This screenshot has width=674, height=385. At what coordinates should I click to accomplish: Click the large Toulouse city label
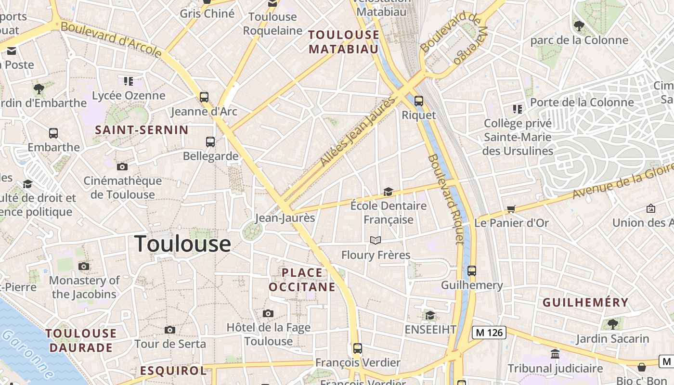point(182,244)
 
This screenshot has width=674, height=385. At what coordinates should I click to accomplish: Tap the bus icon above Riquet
point(419,101)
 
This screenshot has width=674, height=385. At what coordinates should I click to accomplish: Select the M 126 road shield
point(489,332)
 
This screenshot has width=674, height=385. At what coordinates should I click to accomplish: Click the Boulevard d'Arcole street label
point(111,38)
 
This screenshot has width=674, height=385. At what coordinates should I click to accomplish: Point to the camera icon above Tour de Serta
point(169,330)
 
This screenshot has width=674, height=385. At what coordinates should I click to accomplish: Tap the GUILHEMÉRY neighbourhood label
point(585,303)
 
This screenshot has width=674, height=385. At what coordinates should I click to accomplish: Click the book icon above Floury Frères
point(376,240)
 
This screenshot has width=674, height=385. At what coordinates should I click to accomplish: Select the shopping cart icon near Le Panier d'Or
point(511,209)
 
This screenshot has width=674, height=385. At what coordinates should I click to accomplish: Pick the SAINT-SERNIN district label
point(142,130)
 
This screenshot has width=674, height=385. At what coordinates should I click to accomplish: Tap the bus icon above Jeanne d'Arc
point(204,97)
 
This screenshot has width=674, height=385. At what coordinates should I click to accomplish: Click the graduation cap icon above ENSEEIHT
point(430,315)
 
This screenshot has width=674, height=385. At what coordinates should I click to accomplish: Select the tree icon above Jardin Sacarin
point(612,324)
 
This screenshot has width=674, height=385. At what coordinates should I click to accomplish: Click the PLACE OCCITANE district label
point(302,280)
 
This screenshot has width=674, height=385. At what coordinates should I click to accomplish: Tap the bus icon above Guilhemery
point(472,270)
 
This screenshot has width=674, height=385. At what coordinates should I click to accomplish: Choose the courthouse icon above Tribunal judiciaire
point(555,354)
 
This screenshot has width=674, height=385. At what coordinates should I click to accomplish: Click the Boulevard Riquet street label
point(446,199)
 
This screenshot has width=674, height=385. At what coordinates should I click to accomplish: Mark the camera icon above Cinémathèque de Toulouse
point(122,167)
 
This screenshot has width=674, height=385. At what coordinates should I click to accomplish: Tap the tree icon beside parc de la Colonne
point(579,26)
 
